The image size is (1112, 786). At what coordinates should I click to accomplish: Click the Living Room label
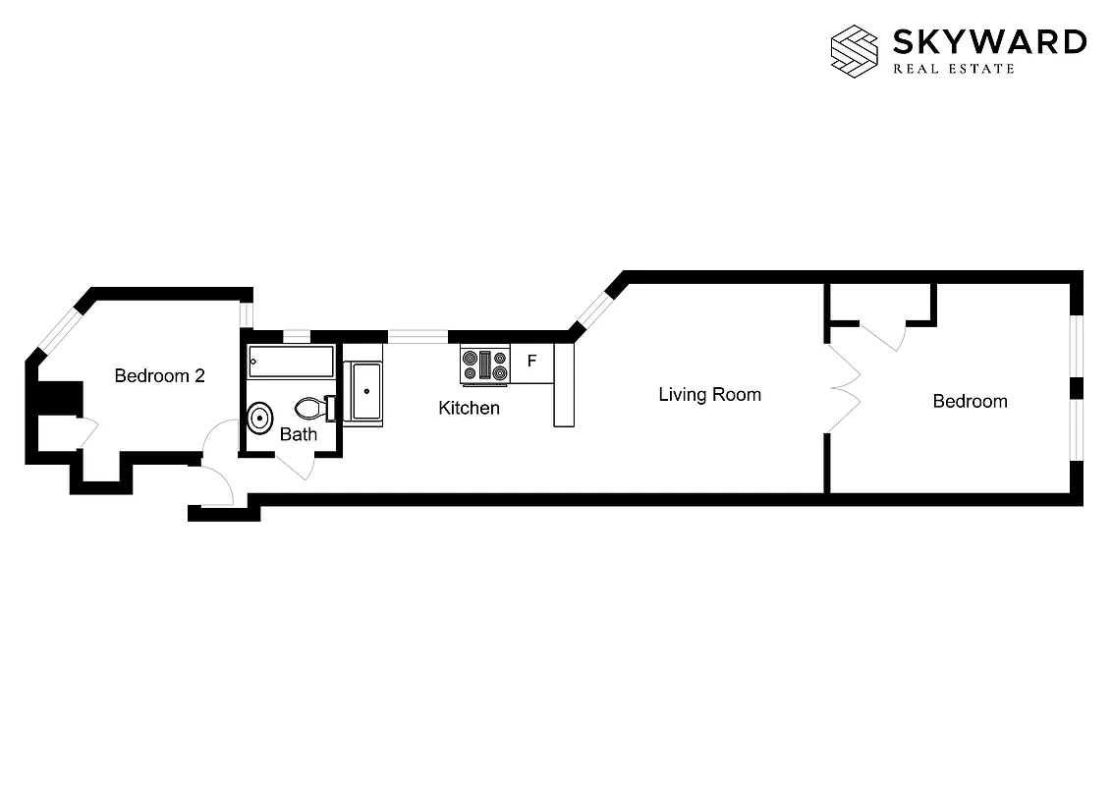click(x=709, y=395)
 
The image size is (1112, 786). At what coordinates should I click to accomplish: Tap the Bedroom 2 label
click(x=159, y=375)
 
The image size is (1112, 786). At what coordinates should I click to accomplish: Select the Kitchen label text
click(x=469, y=408)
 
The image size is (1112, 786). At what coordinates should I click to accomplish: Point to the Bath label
click(x=298, y=434)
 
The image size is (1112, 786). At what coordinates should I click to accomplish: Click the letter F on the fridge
click(x=531, y=361)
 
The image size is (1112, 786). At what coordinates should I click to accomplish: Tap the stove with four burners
click(x=485, y=365)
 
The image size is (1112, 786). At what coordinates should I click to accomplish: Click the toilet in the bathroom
click(x=312, y=408)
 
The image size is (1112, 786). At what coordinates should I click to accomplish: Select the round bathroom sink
click(x=260, y=419)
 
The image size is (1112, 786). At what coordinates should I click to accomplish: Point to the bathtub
click(x=291, y=362)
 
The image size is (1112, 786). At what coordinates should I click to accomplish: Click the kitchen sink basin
click(x=366, y=390)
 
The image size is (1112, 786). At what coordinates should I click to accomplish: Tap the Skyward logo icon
click(x=854, y=50)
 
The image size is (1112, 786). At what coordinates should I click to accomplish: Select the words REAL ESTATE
click(x=953, y=69)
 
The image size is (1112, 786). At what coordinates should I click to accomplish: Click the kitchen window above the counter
click(x=417, y=336)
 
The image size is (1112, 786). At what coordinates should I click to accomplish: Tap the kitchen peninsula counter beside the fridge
click(x=563, y=384)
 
